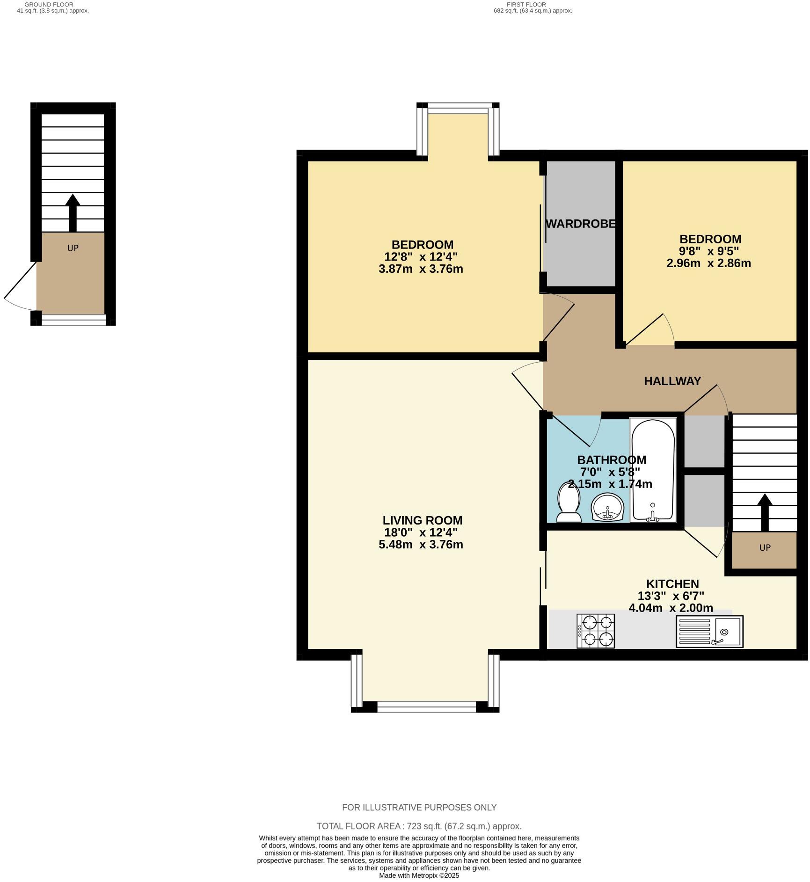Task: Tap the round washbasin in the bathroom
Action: pyautogui.click(x=607, y=509)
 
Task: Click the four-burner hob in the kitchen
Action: pyautogui.click(x=596, y=631)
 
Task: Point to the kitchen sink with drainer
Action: pyautogui.click(x=709, y=632)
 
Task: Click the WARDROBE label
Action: pyautogui.click(x=580, y=224)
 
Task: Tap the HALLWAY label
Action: pyautogui.click(x=672, y=381)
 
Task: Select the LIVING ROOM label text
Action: pyautogui.click(x=422, y=520)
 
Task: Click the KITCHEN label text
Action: pyautogui.click(x=672, y=584)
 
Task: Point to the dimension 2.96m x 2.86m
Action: pyautogui.click(x=708, y=263)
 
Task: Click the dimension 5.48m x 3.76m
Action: pyautogui.click(x=421, y=545)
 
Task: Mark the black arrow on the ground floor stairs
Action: pyautogui.click(x=73, y=213)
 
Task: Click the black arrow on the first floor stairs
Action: pyautogui.click(x=765, y=513)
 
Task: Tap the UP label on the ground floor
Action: pyautogui.click(x=73, y=248)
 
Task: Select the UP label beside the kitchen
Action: pyautogui.click(x=765, y=547)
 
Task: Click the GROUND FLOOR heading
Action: pyautogui.click(x=49, y=4)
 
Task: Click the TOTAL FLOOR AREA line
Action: pyautogui.click(x=419, y=826)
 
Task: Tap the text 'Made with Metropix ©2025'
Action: pyautogui.click(x=419, y=875)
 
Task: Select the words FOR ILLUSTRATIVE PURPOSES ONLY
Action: pyautogui.click(x=419, y=808)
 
